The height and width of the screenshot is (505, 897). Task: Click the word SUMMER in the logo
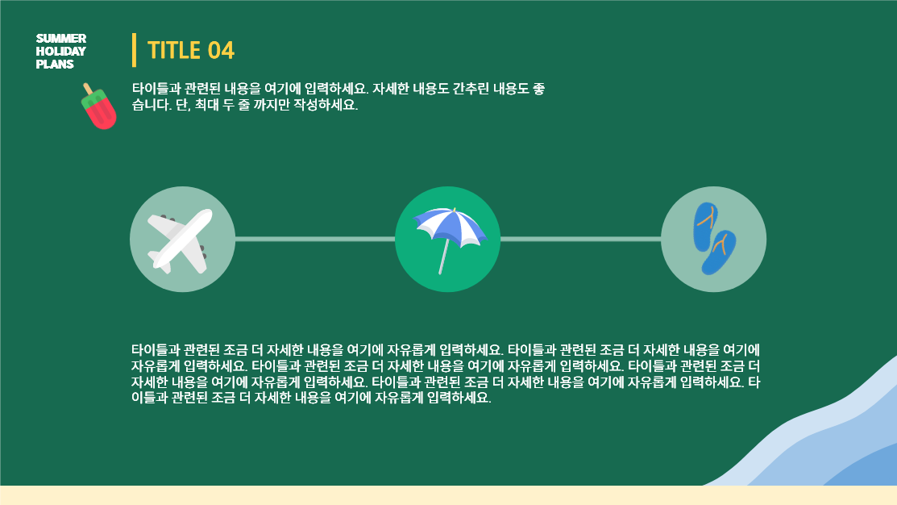tap(61, 39)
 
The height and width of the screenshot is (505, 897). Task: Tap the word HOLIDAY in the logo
tap(60, 51)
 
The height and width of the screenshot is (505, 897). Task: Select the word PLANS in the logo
tap(55, 64)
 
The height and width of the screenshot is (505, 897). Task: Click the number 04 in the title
tap(221, 50)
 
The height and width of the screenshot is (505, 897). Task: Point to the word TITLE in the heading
tap(174, 50)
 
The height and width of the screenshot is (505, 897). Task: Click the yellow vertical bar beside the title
tap(135, 50)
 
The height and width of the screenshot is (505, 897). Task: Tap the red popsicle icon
tap(99, 106)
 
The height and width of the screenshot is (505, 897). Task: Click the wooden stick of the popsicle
tap(88, 89)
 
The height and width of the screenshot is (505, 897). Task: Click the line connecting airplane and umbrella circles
tap(315, 240)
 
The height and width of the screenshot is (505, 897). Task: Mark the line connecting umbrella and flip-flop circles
tap(580, 240)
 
